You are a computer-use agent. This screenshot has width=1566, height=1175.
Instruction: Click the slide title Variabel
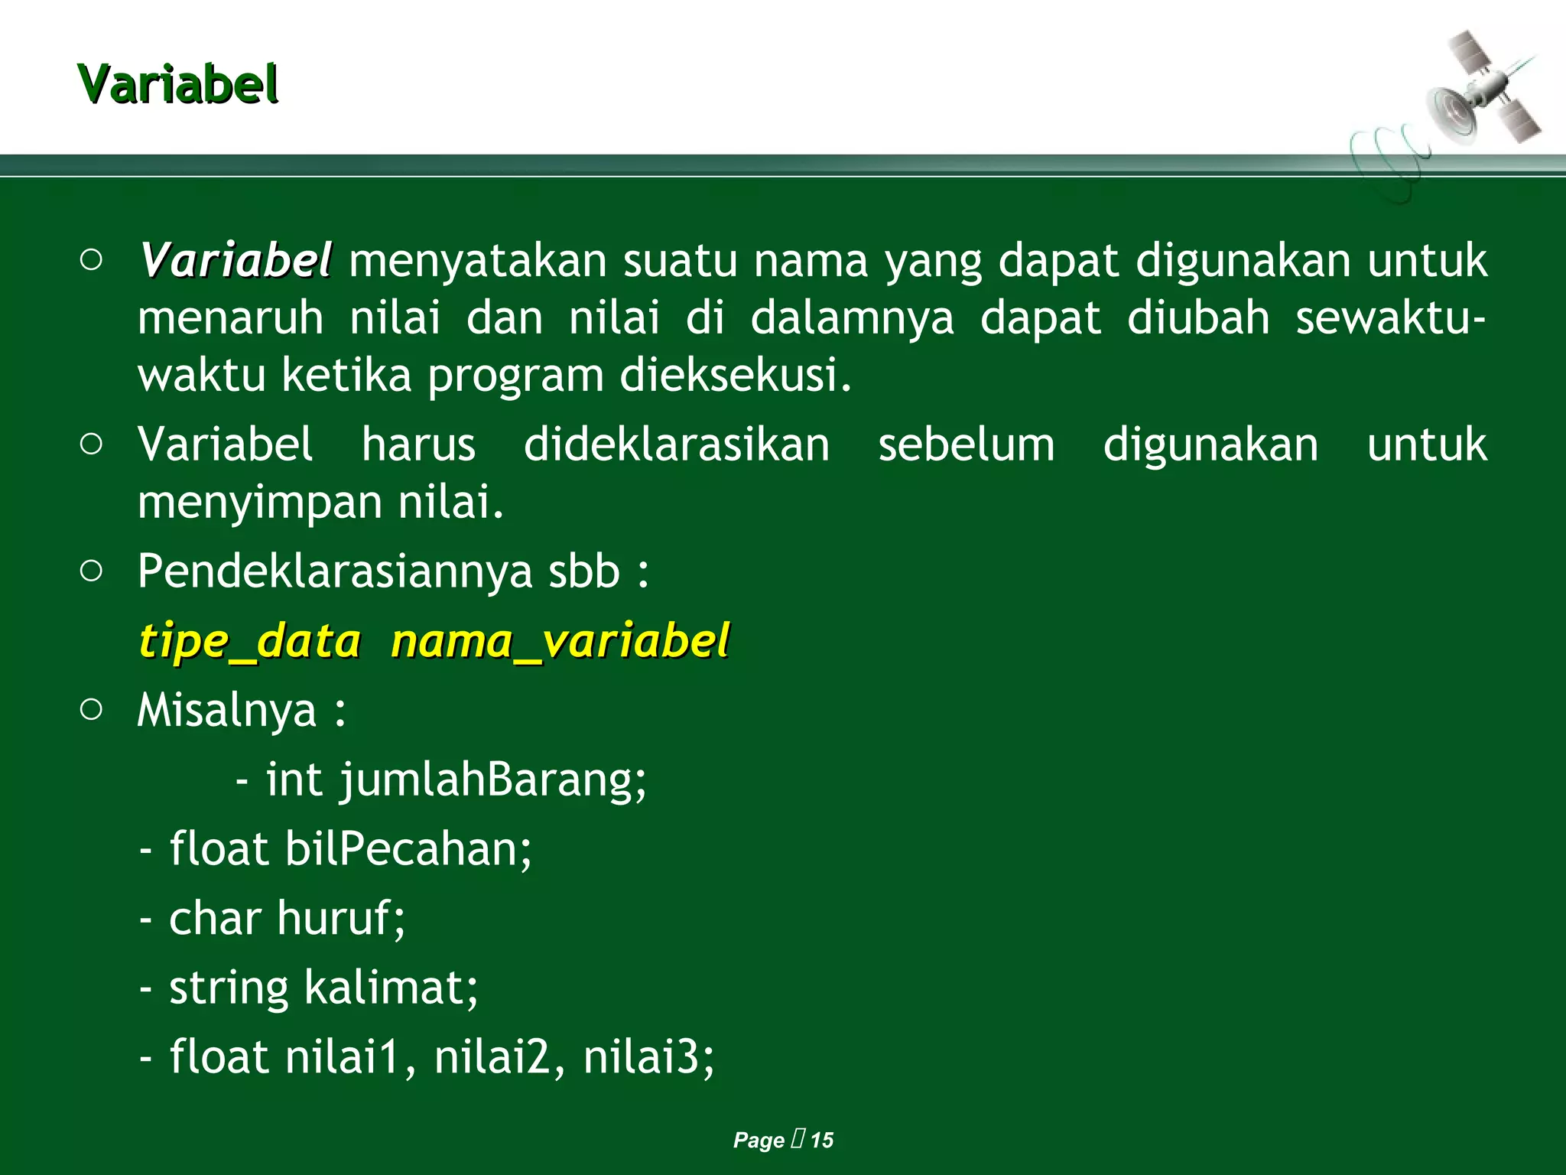177,84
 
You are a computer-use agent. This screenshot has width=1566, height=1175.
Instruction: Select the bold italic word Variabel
236,261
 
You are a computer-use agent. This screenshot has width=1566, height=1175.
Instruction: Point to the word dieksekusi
735,376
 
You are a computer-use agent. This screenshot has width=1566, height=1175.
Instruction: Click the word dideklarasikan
677,444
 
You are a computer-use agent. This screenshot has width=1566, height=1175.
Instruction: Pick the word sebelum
966,444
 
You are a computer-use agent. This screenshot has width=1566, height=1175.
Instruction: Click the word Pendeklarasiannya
336,572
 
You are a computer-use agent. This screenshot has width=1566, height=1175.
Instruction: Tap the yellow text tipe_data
249,641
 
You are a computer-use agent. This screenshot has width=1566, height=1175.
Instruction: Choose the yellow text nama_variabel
560,641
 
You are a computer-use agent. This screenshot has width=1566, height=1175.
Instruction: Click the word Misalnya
226,711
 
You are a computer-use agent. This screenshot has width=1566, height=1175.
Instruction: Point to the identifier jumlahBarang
493,780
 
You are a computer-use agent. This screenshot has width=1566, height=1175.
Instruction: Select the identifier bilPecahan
408,849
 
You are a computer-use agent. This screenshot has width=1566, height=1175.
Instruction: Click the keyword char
215,918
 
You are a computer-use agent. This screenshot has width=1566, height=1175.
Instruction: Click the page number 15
822,1140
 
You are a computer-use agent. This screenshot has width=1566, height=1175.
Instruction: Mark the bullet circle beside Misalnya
91,709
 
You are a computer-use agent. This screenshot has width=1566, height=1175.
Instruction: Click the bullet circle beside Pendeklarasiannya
91,571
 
